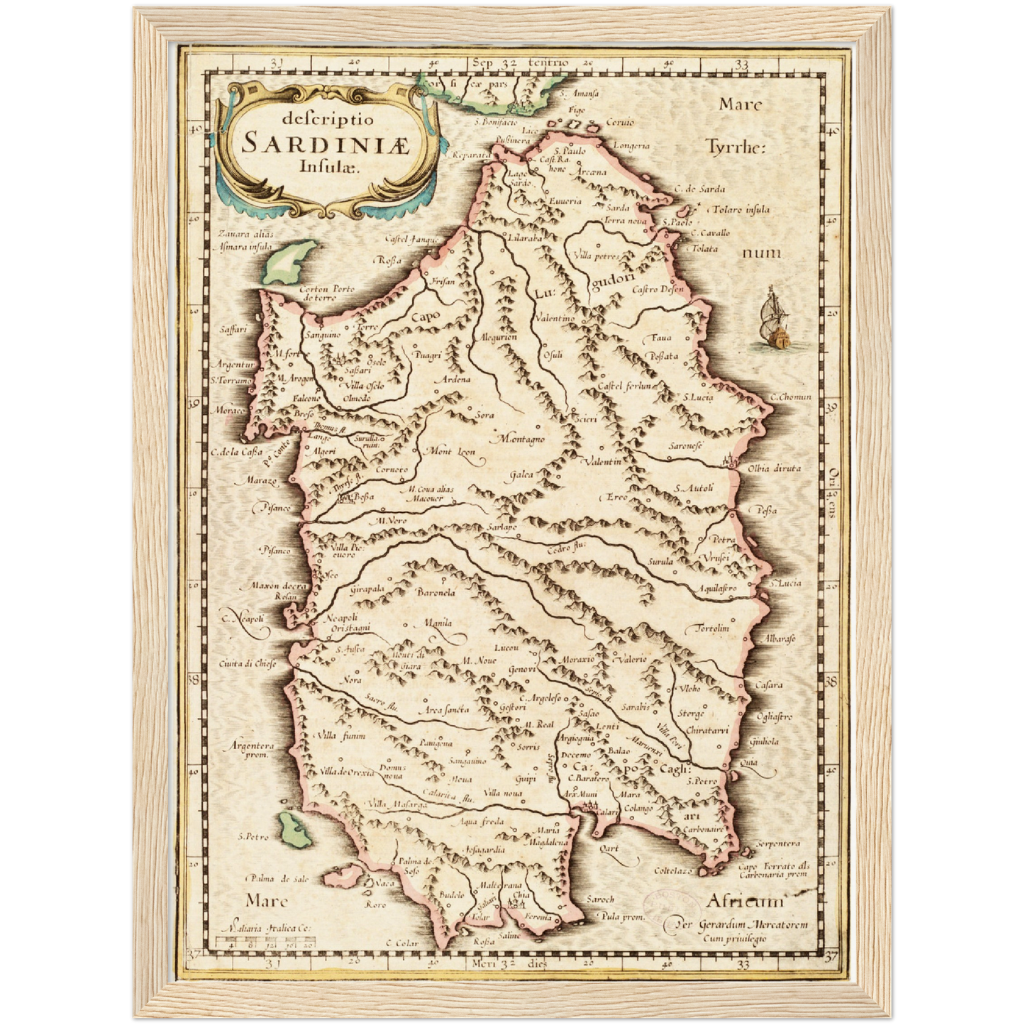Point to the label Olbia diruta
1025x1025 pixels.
tap(775, 468)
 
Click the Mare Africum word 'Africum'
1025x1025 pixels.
tap(745, 902)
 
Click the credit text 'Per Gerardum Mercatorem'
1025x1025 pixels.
tap(741, 925)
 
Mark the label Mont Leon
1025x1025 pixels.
tap(450, 451)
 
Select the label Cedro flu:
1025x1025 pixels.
tap(566, 546)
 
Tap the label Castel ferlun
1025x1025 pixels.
tap(624, 386)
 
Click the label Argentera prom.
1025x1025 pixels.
tap(251, 750)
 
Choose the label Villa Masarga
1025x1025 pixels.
tap(397, 804)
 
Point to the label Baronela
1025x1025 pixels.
tap(436, 592)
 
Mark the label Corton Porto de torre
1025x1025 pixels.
tap(326, 293)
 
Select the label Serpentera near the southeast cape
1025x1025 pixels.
tap(778, 843)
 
